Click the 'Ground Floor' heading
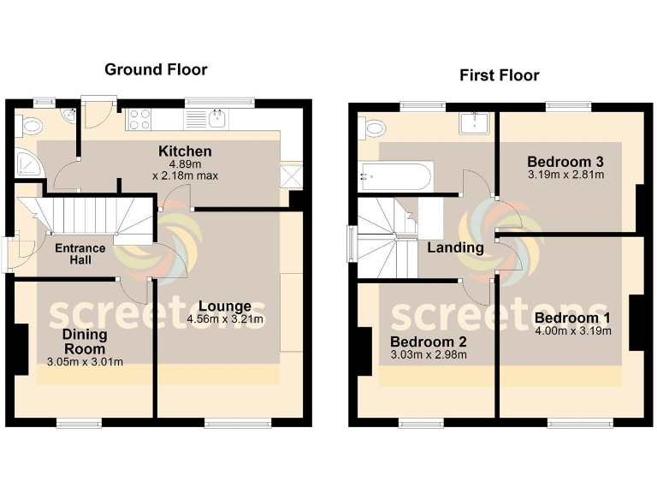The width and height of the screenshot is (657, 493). coord(156,69)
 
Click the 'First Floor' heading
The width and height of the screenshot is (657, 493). coord(499,75)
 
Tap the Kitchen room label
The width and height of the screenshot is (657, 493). coord(185,151)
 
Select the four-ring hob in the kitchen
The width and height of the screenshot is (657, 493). coord(139,120)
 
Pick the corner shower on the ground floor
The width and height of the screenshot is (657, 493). coord(27,163)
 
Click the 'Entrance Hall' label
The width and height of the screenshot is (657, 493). coord(80,254)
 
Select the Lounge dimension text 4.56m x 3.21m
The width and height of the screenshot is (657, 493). coord(225,320)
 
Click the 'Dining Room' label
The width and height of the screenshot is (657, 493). coord(84,342)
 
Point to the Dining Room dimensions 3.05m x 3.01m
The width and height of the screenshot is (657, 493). coord(85,361)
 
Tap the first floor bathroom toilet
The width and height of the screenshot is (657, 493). coord(374,128)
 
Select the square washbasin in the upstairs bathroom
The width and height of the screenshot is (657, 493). coord(473,124)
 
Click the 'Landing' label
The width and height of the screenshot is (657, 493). coord(456,247)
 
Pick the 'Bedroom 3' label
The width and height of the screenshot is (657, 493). coord(565,162)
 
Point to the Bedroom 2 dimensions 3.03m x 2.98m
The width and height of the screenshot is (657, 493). coord(428,354)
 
